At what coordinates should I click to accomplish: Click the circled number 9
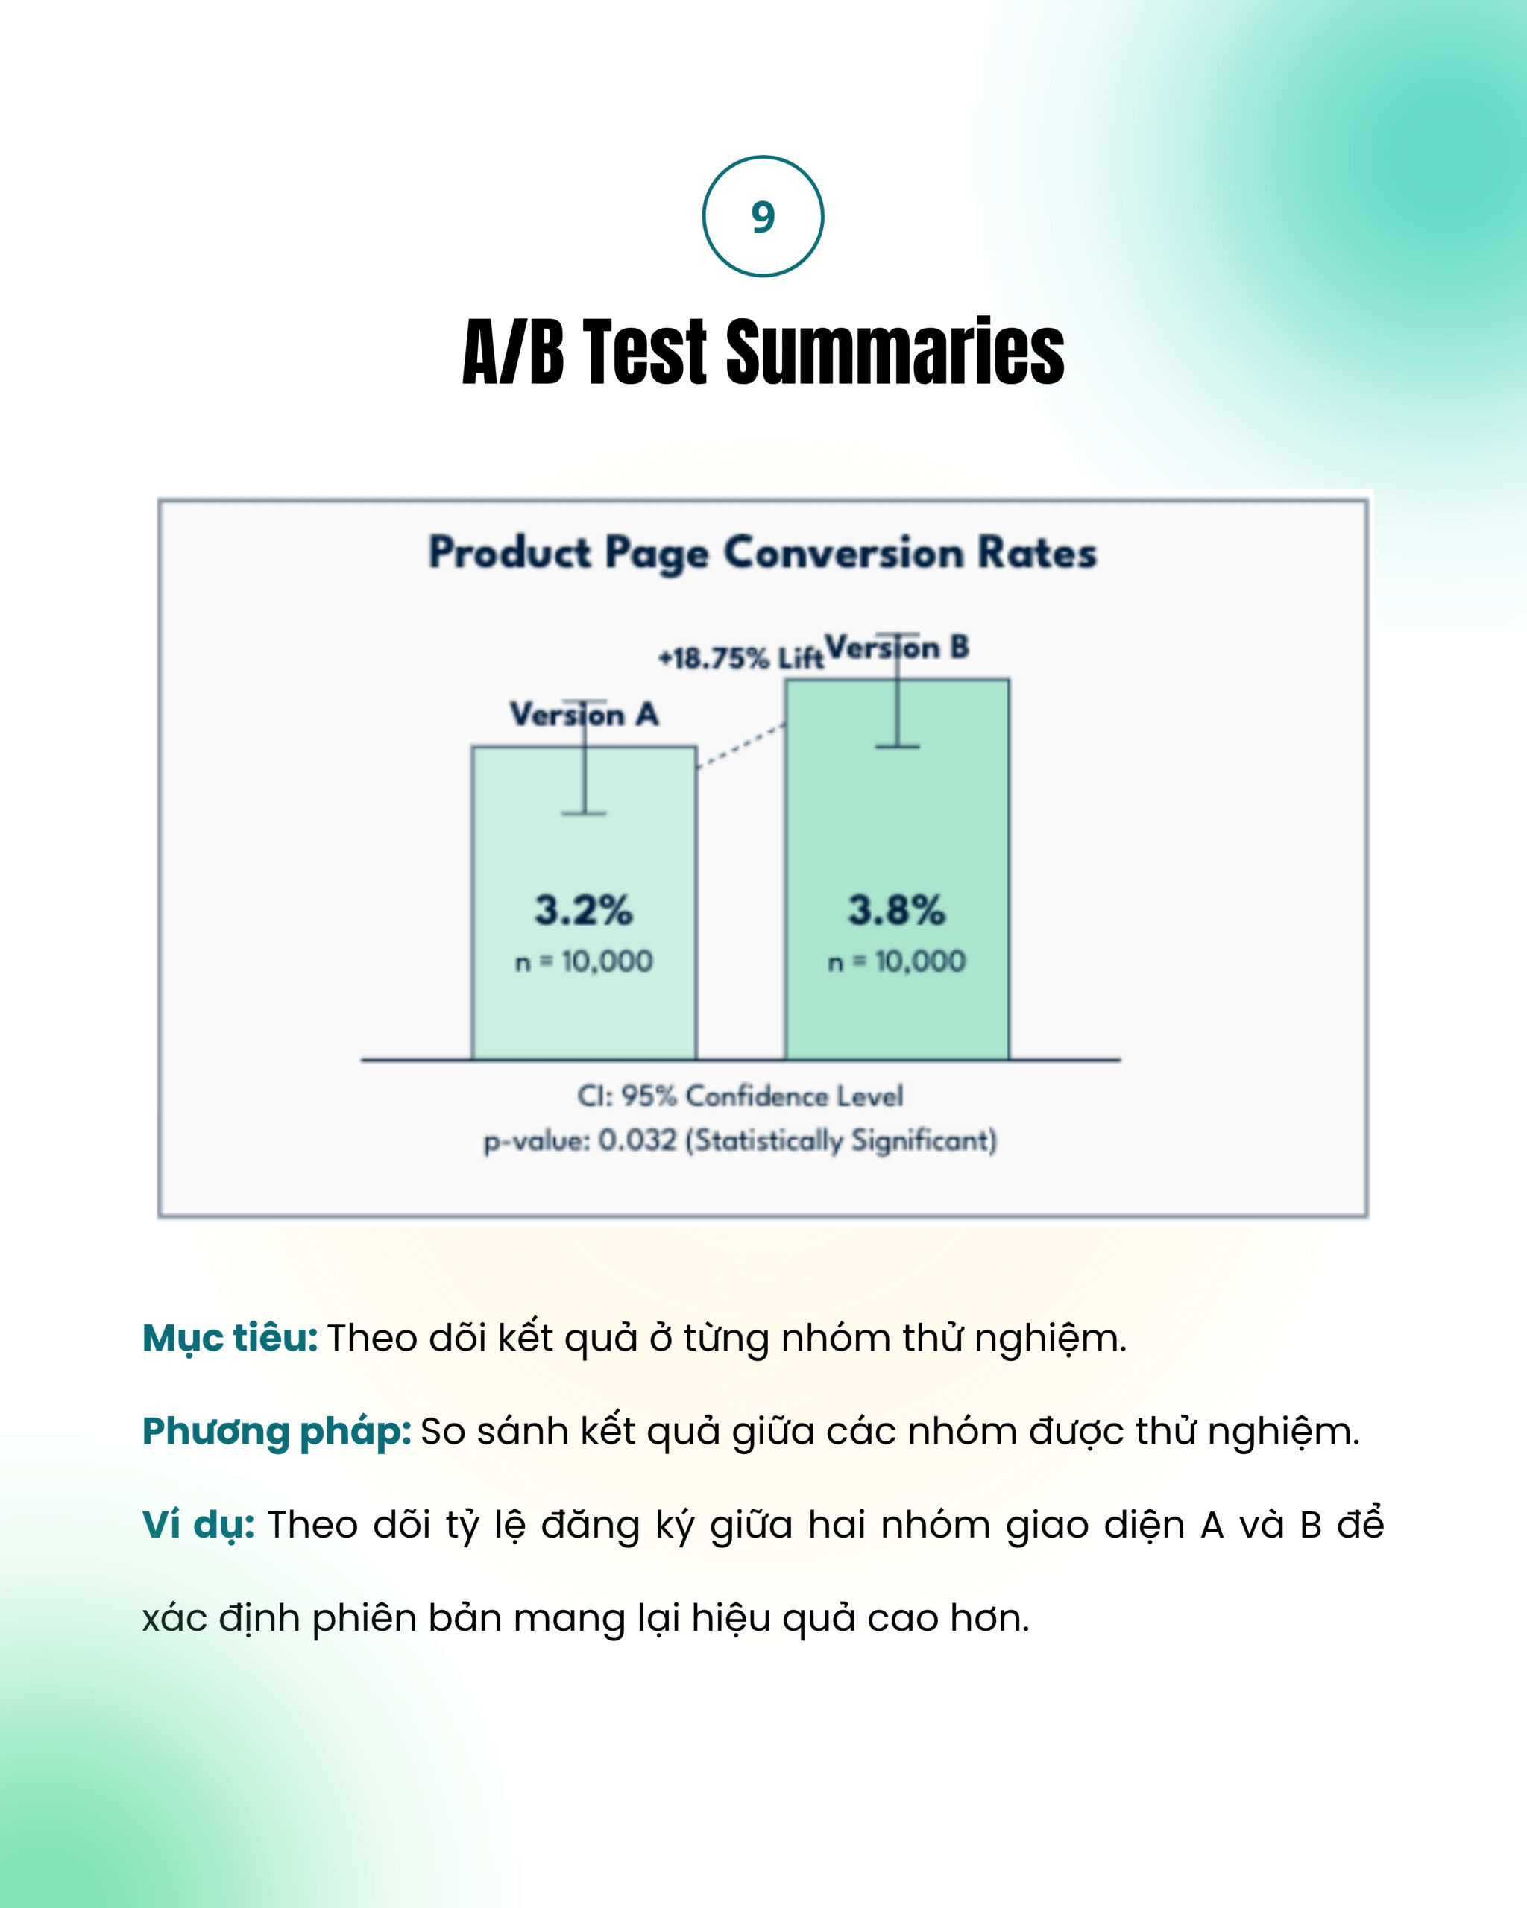tap(763, 216)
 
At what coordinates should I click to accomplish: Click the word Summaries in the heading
tap(895, 353)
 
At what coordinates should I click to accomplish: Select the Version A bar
tap(585, 903)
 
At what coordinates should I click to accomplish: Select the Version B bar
tap(897, 869)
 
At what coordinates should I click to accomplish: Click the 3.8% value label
tap(897, 910)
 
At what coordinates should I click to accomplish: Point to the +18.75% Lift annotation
tap(741, 658)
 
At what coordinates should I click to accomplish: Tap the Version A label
tap(585, 714)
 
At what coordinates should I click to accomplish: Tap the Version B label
tap(897, 648)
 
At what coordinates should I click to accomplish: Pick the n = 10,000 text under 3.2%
tap(585, 961)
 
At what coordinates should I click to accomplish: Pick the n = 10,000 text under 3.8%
tap(897, 961)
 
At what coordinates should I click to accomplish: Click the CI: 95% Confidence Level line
tap(740, 1096)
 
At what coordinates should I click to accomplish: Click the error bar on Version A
tap(585, 756)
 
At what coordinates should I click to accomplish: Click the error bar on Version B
tap(897, 690)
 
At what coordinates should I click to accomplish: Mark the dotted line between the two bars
tap(741, 746)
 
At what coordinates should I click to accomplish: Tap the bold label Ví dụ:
tap(198, 1525)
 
